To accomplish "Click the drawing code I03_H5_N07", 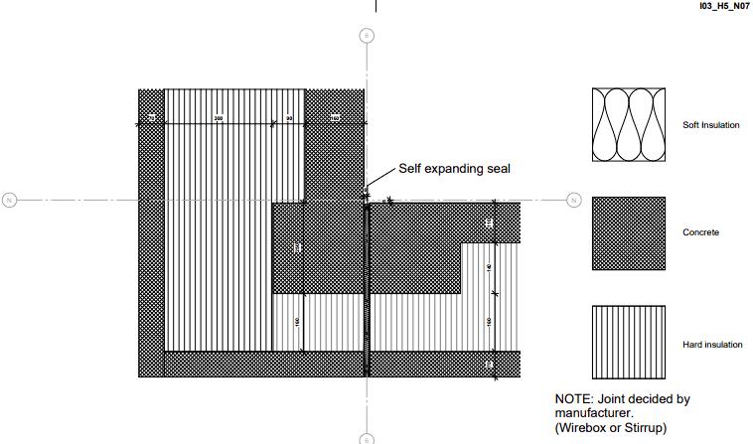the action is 717,6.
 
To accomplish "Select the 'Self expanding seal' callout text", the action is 454,169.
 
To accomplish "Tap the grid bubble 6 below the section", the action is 367,438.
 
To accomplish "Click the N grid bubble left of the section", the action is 10,201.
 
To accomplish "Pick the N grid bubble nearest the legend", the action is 573,201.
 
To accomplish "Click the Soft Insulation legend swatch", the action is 629,125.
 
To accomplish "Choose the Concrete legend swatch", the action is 629,232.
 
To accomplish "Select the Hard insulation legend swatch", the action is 629,342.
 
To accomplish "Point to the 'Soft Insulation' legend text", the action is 710,126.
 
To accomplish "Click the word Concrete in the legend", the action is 700,233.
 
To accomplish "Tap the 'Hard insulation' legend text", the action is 712,346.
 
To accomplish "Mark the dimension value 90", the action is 289,118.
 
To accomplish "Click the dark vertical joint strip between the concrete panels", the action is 368,288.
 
